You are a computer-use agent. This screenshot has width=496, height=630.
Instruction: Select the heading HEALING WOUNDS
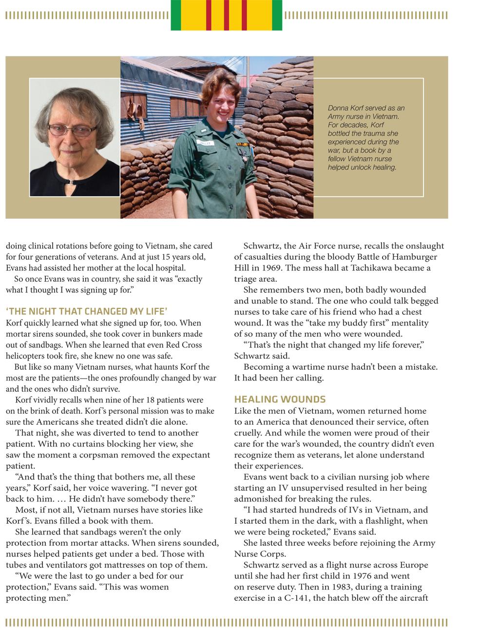click(x=280, y=400)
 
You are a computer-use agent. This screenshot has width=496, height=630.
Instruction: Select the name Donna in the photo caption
click(x=338, y=108)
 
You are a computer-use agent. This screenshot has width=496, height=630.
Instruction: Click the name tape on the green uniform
click(x=202, y=143)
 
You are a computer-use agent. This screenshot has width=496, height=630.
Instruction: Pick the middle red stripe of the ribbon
click(x=226, y=15)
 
